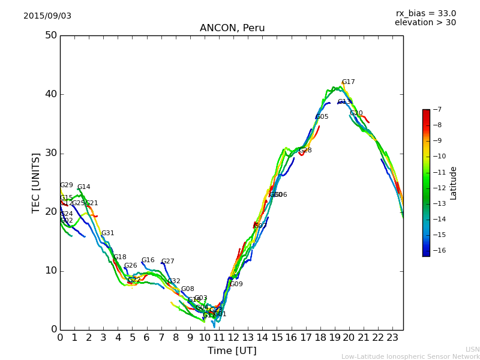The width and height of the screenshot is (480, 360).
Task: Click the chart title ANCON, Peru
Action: pos(232,28)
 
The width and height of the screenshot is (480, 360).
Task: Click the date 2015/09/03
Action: pos(47,16)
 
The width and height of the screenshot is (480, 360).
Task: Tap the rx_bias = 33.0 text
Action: pos(425,14)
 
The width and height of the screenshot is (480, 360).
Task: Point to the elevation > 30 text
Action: pos(425,23)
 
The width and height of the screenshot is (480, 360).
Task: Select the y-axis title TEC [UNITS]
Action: pos(36,182)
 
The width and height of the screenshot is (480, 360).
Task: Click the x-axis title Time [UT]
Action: pos(232,351)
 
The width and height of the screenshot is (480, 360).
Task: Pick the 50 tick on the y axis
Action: pos(50,35)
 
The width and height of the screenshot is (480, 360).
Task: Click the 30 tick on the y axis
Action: pos(50,153)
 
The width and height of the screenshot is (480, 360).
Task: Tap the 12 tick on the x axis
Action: pos(233,338)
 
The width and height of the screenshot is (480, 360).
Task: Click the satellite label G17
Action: pos(349,82)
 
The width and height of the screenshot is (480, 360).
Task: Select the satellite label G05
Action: pos(322,117)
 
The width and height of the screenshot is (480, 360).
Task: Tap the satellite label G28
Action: pos(305,151)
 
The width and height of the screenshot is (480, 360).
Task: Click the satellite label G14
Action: pos(84,187)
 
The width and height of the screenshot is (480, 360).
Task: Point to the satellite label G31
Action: pos(108,233)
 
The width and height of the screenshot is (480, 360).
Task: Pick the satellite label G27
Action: pos(168,262)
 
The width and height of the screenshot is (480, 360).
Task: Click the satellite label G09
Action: pos(236,284)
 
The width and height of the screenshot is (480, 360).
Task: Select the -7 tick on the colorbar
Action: pos(436,110)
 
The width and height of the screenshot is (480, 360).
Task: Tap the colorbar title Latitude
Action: pos(454,183)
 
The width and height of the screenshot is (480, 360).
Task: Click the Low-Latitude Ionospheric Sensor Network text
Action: pos(410,357)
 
